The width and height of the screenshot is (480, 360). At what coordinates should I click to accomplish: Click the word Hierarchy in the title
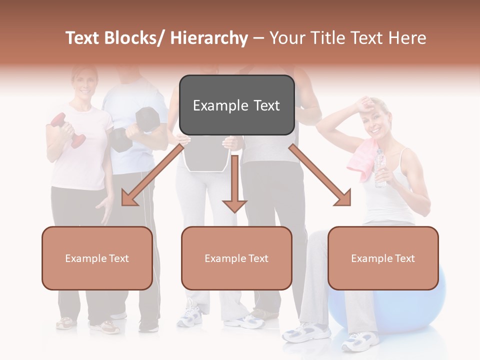click(x=209, y=38)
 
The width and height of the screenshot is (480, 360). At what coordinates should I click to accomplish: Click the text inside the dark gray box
click(x=236, y=105)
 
